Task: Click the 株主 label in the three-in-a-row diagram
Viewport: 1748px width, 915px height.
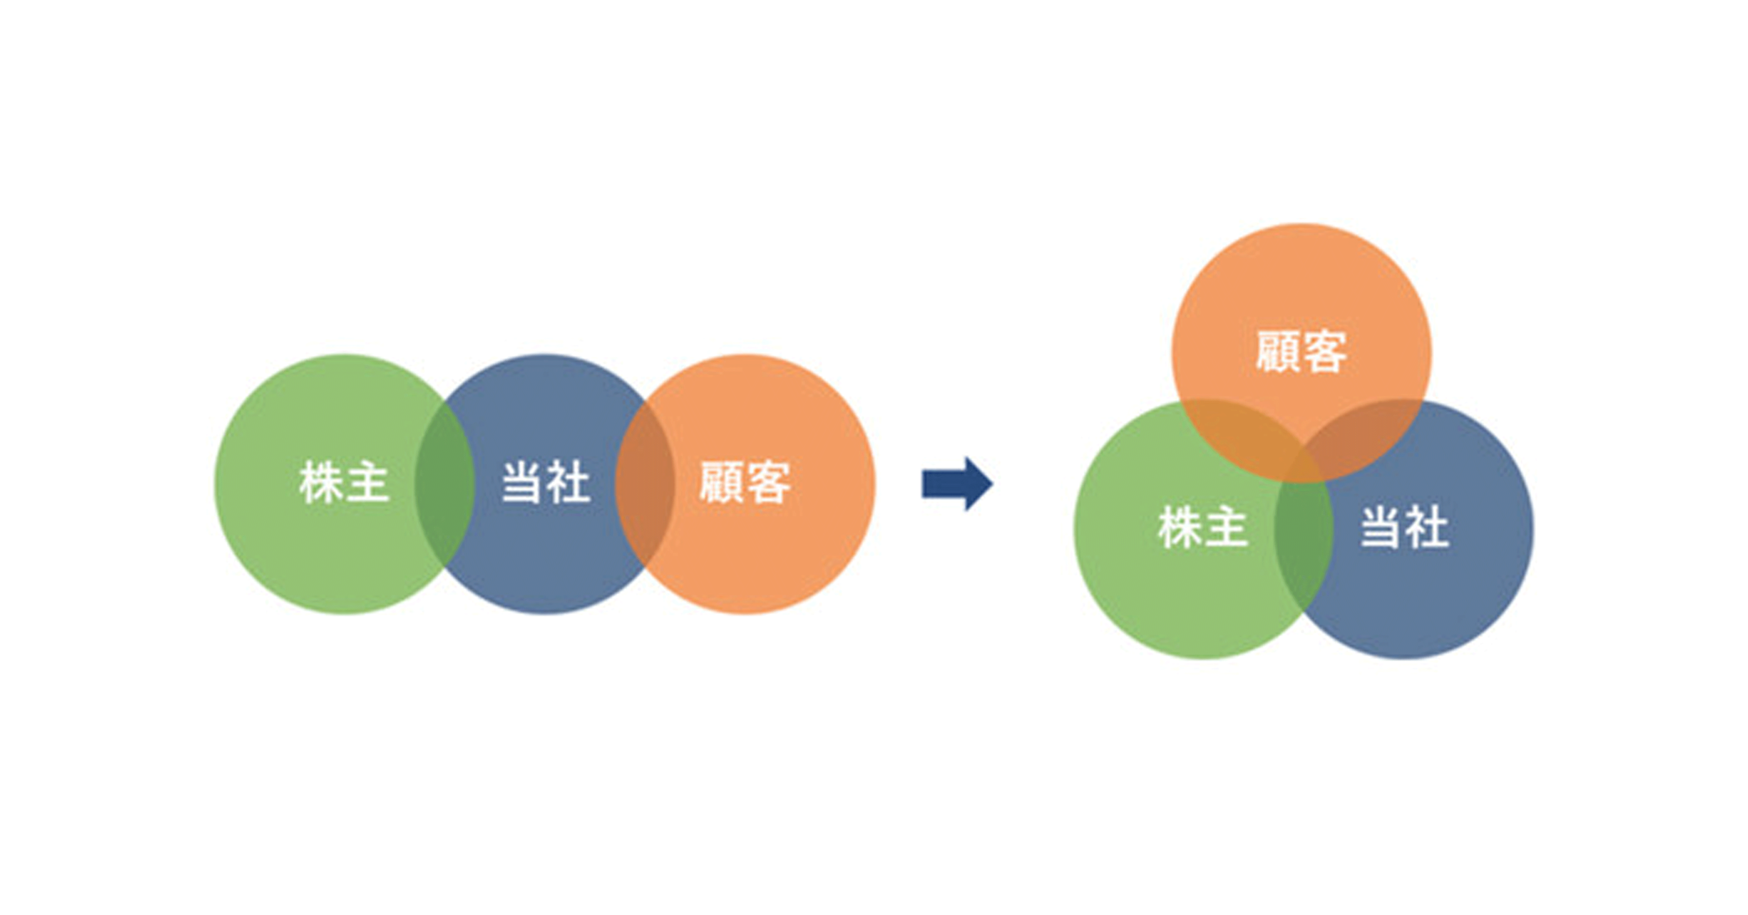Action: [344, 483]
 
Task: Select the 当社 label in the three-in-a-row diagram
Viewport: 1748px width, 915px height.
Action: [545, 483]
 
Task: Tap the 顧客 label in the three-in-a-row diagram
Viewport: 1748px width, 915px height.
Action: [745, 483]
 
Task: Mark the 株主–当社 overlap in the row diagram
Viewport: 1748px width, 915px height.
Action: [445, 483]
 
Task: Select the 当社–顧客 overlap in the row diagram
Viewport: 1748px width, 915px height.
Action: [645, 483]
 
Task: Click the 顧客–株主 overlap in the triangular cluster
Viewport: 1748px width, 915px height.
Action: [1242, 434]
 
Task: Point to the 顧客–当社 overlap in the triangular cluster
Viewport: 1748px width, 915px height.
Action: [1364, 434]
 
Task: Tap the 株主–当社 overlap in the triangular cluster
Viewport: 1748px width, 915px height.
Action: [1303, 536]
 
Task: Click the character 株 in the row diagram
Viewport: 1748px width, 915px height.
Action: [321, 483]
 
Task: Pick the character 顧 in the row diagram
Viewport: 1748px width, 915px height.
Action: [722, 483]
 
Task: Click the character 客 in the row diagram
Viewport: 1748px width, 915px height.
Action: [769, 483]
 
